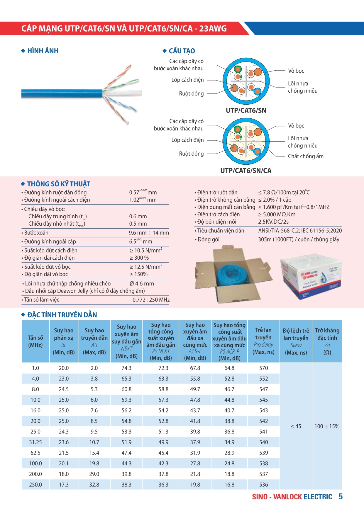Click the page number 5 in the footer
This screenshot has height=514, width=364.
tap(341, 496)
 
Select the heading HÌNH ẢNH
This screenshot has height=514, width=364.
tap(43, 51)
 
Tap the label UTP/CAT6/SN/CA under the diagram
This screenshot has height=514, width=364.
tap(246, 171)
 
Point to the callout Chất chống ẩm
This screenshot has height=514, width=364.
tap(306, 156)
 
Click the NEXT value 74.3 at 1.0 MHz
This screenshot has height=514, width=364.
tap(126, 368)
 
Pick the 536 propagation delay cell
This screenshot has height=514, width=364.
tap(263, 485)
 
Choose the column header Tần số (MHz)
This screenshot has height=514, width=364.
tap(35, 341)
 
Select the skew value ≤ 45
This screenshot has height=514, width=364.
tap(296, 426)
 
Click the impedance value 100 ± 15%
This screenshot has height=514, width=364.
tap(327, 426)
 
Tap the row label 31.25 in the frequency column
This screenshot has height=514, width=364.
tap(35, 442)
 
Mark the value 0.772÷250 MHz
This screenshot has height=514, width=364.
tap(151, 300)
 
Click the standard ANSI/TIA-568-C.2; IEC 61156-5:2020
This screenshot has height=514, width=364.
tap(300, 231)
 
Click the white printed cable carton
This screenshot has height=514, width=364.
tap(311, 277)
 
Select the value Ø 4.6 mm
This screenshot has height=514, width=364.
tap(142, 284)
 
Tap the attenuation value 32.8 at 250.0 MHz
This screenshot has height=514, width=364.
tap(94, 485)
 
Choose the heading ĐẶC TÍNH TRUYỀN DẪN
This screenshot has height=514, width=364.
tap(62, 315)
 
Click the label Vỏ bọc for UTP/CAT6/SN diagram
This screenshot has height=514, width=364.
tap(296, 71)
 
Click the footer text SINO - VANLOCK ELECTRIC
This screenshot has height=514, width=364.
tap(292, 497)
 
